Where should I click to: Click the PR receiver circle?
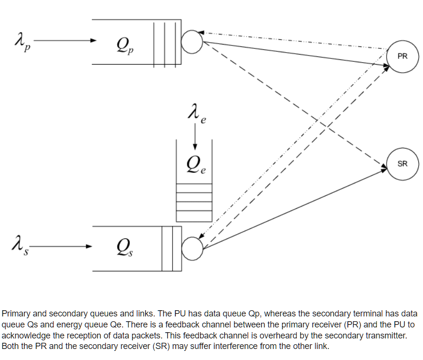[x=402, y=56]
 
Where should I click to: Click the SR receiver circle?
[x=402, y=164]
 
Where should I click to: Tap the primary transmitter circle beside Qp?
[x=193, y=42]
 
